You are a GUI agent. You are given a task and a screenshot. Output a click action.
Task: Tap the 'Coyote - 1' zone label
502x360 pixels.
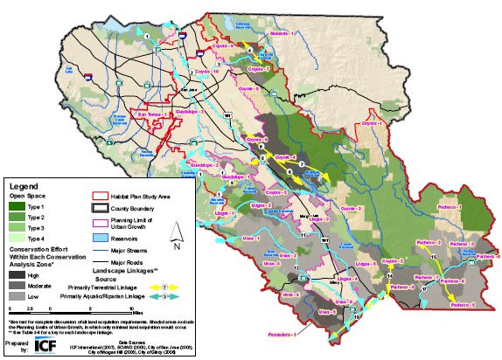pyautogui.click(x=373, y=124)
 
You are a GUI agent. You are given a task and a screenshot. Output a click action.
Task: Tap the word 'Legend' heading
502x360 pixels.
pyautogui.click(x=23, y=185)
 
